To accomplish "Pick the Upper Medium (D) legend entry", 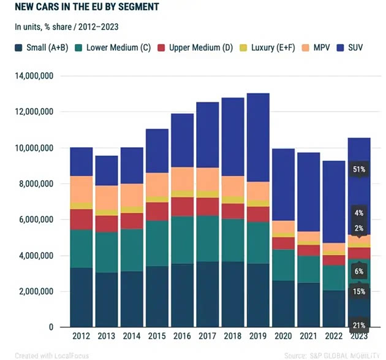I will point(194,47).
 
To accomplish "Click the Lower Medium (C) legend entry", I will point(113,47).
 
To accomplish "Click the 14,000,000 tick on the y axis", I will point(34,76).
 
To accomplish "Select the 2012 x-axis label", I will point(81,336).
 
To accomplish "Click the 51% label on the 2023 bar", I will point(358,169).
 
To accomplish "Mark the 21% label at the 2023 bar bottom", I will point(358,324).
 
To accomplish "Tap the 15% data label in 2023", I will point(358,291).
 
